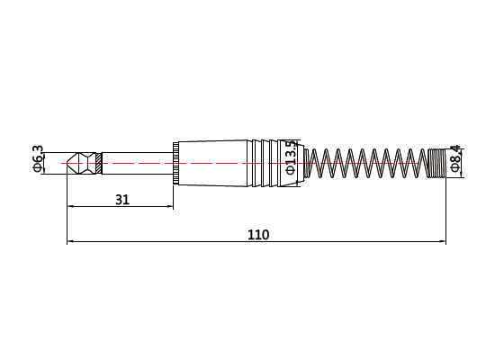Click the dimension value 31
pyautogui.click(x=122, y=200)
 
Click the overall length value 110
pyautogui.click(x=258, y=235)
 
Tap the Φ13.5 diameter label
pyautogui.click(x=290, y=161)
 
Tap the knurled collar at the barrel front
pyautogui.click(x=176, y=163)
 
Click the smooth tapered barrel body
pyautogui.click(x=216, y=163)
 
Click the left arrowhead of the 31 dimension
pyautogui.click(x=72, y=208)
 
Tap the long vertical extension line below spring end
pyautogui.click(x=446, y=211)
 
